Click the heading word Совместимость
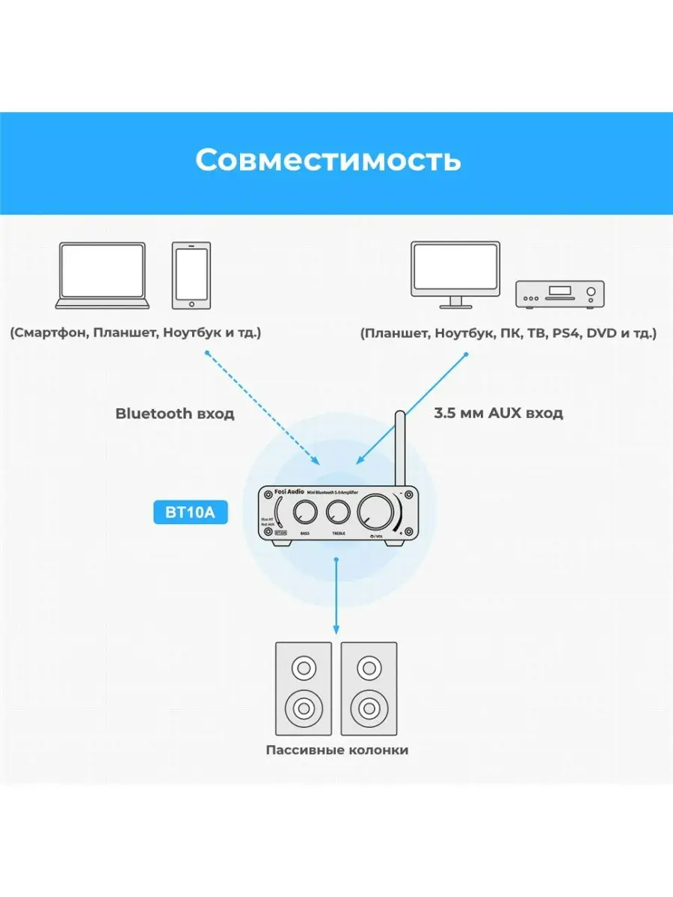click(328, 160)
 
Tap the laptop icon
click(103, 275)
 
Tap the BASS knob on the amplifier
click(305, 513)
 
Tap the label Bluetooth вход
click(174, 413)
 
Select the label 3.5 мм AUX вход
click(498, 413)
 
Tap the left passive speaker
click(303, 687)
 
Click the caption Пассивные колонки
click(336, 750)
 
